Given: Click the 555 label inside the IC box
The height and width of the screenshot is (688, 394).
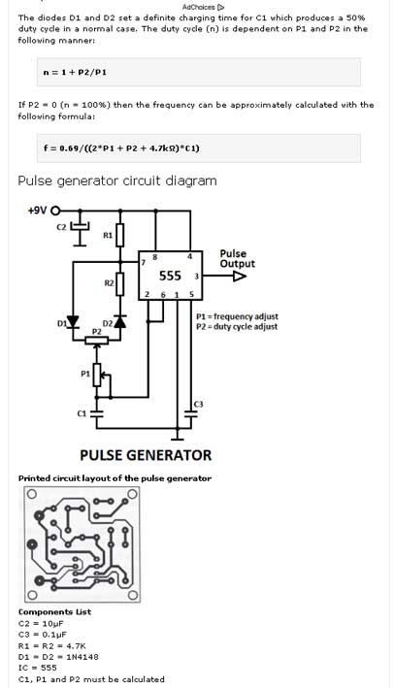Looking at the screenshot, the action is coord(170,276).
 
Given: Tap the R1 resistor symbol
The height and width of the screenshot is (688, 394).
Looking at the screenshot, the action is coord(119,235).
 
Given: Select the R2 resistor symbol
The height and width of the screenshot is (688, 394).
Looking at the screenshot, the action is coord(119,283).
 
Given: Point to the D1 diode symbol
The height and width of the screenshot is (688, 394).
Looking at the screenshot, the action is coord(73,322).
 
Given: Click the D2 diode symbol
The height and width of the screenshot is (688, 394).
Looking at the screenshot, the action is coord(119,321).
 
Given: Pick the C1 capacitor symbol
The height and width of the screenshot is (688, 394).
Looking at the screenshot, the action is coord(96,413).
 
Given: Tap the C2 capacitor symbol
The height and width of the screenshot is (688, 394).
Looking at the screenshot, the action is coord(80,226).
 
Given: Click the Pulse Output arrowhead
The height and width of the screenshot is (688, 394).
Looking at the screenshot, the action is coord(240,276).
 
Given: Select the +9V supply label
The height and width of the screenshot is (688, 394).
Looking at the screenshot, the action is coord(37,211).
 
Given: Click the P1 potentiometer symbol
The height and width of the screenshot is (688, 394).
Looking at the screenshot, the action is coord(97,375).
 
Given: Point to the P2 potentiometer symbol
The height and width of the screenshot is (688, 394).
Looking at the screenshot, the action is coord(96,340).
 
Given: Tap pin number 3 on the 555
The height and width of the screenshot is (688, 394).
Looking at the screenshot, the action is coord(197,277).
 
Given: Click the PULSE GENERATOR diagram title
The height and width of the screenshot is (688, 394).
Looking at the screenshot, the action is coord(146,455).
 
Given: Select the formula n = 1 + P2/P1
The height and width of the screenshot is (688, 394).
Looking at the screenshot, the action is coord(75,73).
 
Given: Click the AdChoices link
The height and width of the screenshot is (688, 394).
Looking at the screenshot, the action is coord(203,7).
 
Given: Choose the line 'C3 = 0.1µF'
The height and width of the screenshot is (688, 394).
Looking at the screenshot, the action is coord(43,635).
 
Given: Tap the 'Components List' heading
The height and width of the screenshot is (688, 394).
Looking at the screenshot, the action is coord(55,611).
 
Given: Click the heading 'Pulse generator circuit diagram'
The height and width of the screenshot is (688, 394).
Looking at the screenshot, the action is coord(117,180).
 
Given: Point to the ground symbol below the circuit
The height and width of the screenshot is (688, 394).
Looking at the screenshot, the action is coord(178,436).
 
